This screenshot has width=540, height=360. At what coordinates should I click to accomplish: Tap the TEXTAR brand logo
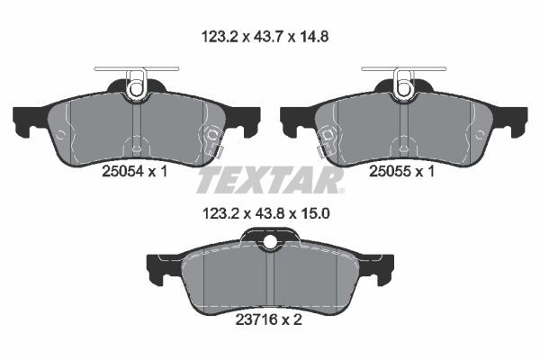pyautogui.click(x=270, y=180)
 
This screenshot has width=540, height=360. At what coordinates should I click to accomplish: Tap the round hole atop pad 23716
pyautogui.click(x=270, y=241)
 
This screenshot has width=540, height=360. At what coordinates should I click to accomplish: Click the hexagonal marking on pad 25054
pyautogui.click(x=213, y=137)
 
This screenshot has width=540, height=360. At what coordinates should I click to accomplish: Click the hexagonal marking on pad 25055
pyautogui.click(x=328, y=137)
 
